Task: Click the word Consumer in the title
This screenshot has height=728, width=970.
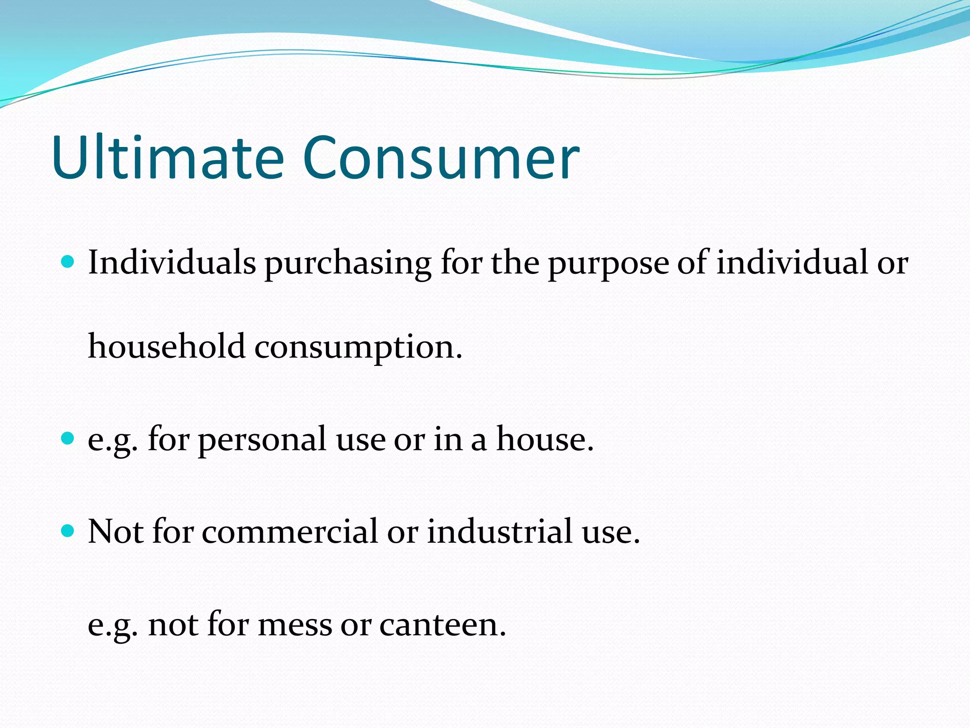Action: [440, 158]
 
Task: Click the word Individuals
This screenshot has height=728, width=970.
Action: [172, 262]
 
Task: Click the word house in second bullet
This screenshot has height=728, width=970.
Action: [544, 439]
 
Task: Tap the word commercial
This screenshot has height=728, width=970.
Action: [290, 531]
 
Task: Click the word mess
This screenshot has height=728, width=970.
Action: [295, 625]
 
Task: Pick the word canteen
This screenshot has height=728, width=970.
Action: [442, 625]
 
